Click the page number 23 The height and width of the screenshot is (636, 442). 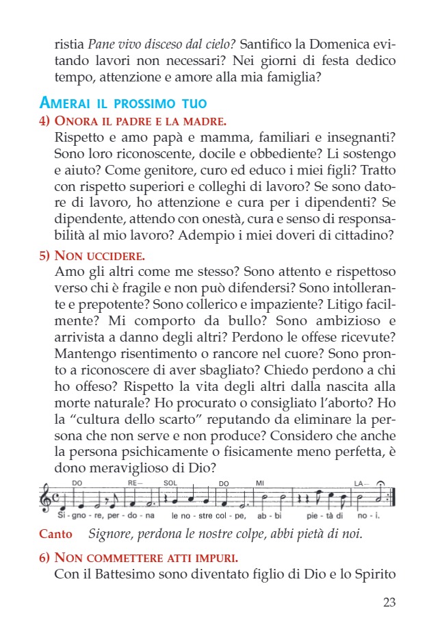coord(389,602)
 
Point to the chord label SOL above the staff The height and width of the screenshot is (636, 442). coord(170,483)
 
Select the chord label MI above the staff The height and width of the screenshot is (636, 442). coord(259,483)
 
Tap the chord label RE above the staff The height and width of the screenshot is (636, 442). coord(132,483)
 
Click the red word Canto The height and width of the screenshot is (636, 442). coord(55,533)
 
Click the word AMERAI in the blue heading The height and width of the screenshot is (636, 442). coord(66,104)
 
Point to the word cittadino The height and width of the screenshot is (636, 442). coord(364,236)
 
